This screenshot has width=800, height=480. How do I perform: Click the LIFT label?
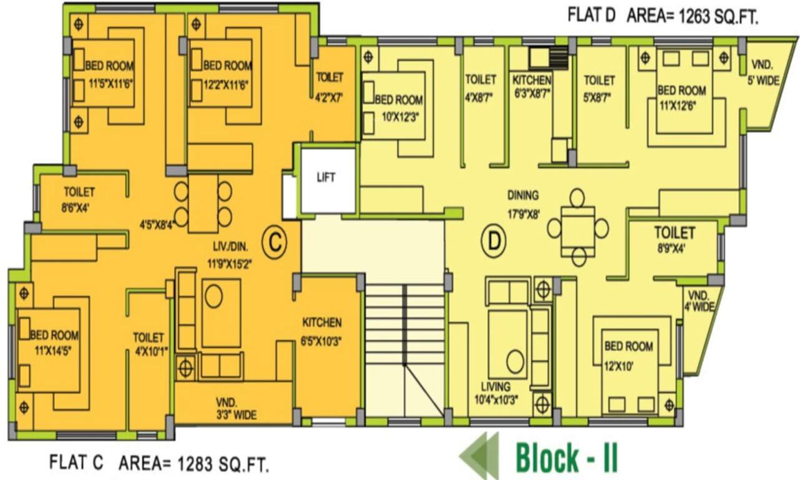pos(326,177)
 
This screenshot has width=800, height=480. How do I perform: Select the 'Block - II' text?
pos(566,458)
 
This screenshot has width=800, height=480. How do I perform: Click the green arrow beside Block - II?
pos(479,456)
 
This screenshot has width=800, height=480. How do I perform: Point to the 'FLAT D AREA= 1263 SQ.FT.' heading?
pos(663,16)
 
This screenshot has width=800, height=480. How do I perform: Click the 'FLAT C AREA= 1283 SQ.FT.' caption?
pos(159,464)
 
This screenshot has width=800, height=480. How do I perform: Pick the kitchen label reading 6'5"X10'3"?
pos(322,332)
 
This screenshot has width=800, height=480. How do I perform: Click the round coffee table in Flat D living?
pos(515,361)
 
